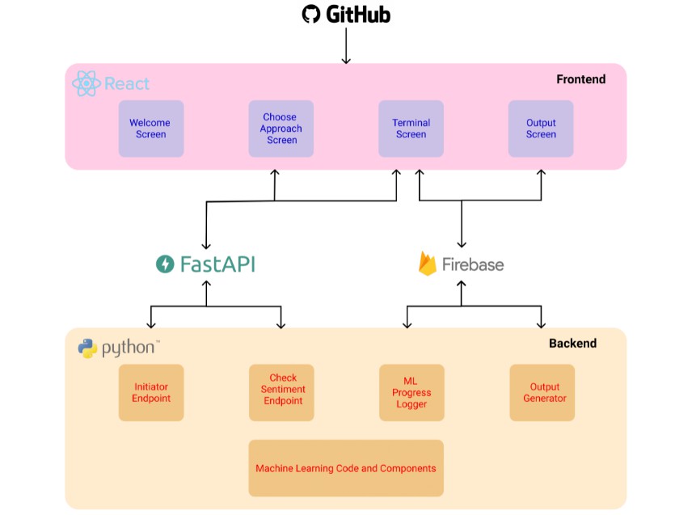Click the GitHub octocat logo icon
[310, 15]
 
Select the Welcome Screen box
[151, 129]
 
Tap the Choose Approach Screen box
[281, 129]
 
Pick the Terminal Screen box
[411, 129]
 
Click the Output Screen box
[541, 129]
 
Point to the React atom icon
[86, 83]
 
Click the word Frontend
[580, 79]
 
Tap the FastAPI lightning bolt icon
[165, 264]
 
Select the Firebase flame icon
[428, 264]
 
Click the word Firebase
[473, 264]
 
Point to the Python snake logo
[87, 348]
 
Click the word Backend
[572, 344]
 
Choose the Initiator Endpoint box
[151, 393]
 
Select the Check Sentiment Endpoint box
[281, 393]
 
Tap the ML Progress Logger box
[411, 393]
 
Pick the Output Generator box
[542, 393]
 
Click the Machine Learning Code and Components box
[346, 468]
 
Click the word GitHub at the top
[358, 15]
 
